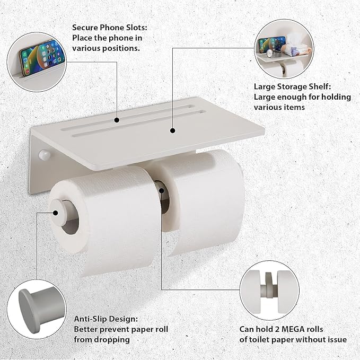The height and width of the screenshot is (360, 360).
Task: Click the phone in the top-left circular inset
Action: coord(42,52)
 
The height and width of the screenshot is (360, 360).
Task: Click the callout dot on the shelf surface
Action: coord(172,129)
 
